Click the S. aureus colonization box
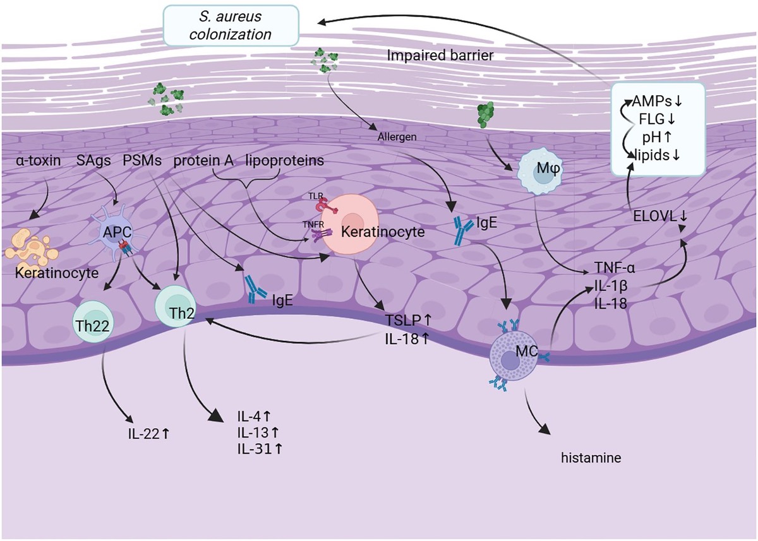pos(231,25)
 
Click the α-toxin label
pos(39,161)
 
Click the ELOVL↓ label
pos(660,217)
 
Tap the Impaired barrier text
pos(440,56)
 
